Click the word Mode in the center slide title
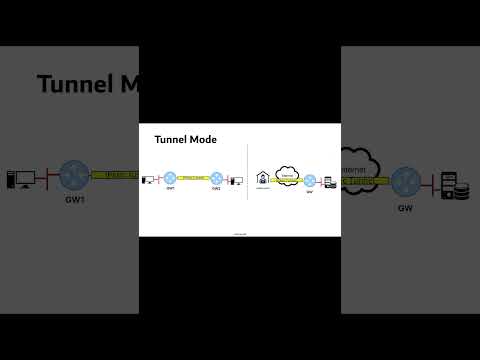pyautogui.click(x=203, y=140)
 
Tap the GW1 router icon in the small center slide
pyautogui.click(x=171, y=179)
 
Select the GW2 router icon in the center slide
pyautogui.click(x=215, y=179)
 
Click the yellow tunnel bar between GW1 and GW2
pyautogui.click(x=193, y=179)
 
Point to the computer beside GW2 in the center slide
pyautogui.click(x=236, y=181)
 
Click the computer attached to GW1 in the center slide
pyautogui.click(x=148, y=180)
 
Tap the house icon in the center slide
pyautogui.click(x=263, y=178)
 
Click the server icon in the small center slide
pyautogui.click(x=329, y=182)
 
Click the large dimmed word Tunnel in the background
pyautogui.click(x=76, y=83)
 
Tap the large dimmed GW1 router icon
pyautogui.click(x=74, y=177)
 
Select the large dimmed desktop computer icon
pyautogui.click(x=21, y=180)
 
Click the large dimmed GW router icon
pyautogui.click(x=406, y=183)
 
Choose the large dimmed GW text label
pyautogui.click(x=405, y=209)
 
